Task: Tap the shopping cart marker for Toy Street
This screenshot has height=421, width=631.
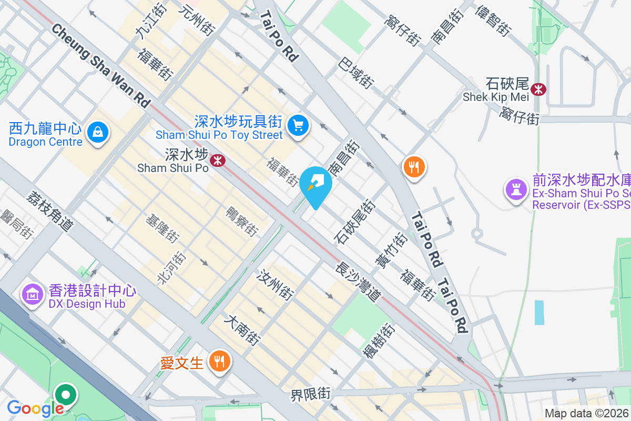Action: [298, 125]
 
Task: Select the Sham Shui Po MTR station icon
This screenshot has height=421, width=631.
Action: [217, 160]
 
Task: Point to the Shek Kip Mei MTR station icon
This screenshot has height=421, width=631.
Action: [538, 89]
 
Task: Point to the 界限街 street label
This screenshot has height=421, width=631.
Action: [311, 395]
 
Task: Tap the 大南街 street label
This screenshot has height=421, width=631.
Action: [242, 330]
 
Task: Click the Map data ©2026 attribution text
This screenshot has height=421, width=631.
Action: [586, 414]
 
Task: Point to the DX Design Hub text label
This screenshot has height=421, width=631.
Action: [87, 304]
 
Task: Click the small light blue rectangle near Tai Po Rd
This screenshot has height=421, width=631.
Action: [539, 312]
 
